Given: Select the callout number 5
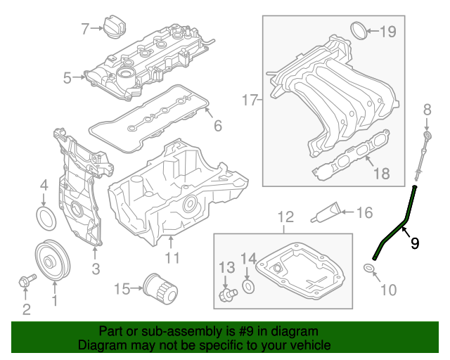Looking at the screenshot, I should (67, 78).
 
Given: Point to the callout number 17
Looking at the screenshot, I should (249, 101).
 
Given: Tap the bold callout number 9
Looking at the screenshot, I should (415, 243).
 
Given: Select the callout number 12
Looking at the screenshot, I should (284, 217).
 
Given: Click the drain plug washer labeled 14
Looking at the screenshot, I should (248, 286).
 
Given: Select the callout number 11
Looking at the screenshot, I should (172, 259).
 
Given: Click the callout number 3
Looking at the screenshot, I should (96, 269).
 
